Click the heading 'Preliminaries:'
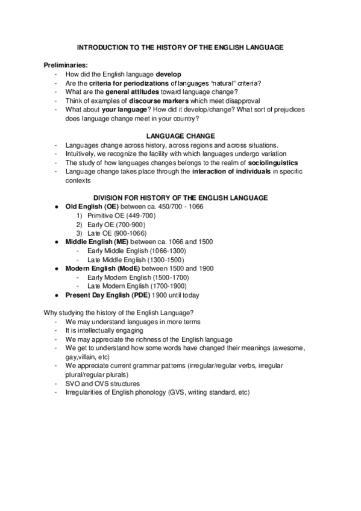point(65,64)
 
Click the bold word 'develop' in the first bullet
point(168,74)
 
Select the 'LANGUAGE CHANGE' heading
point(180,136)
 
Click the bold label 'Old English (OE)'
point(93,207)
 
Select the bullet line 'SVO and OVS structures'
point(102,383)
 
